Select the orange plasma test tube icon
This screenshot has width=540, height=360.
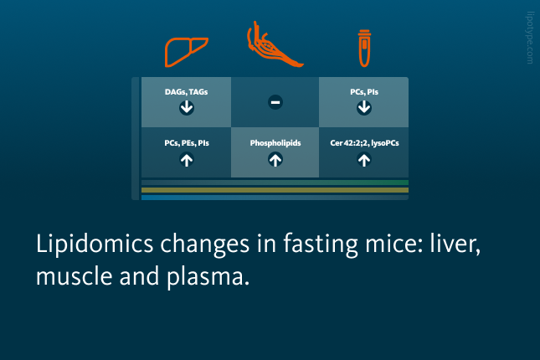pos(364,49)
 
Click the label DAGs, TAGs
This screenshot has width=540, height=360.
pos(187,92)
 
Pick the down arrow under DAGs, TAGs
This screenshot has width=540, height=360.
pos(187,107)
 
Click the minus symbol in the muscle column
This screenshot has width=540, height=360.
pos(275,102)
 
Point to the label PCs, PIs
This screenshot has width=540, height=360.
pos(364,92)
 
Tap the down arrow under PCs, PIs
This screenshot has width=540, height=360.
pos(364,107)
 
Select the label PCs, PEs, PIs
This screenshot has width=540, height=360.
pos(187,143)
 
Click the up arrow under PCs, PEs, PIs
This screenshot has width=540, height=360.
pos(187,160)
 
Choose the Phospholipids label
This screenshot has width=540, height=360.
pos(275,143)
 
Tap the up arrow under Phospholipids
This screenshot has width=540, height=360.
pos(275,160)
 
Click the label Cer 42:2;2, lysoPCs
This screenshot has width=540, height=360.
pos(364,143)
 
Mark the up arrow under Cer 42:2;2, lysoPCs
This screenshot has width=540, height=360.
pos(364,160)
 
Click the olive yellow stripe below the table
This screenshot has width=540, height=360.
pos(275,190)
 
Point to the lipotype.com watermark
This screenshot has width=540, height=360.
pos(530,38)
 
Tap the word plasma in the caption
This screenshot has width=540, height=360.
pos(208,277)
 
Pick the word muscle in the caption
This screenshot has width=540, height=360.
pos(74,275)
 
